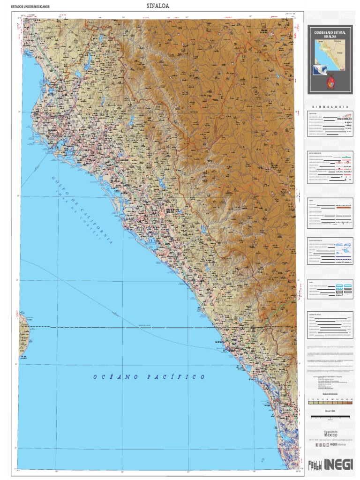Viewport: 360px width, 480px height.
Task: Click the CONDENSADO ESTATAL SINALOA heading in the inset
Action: tap(330, 35)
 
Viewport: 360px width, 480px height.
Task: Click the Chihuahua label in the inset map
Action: tap(339, 42)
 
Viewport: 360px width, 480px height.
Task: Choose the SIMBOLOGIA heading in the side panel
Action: tap(330, 107)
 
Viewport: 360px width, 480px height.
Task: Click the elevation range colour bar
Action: tap(330, 402)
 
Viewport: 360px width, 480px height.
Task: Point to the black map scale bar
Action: tap(330, 416)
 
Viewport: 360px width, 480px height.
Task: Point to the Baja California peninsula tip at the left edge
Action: tap(23, 328)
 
